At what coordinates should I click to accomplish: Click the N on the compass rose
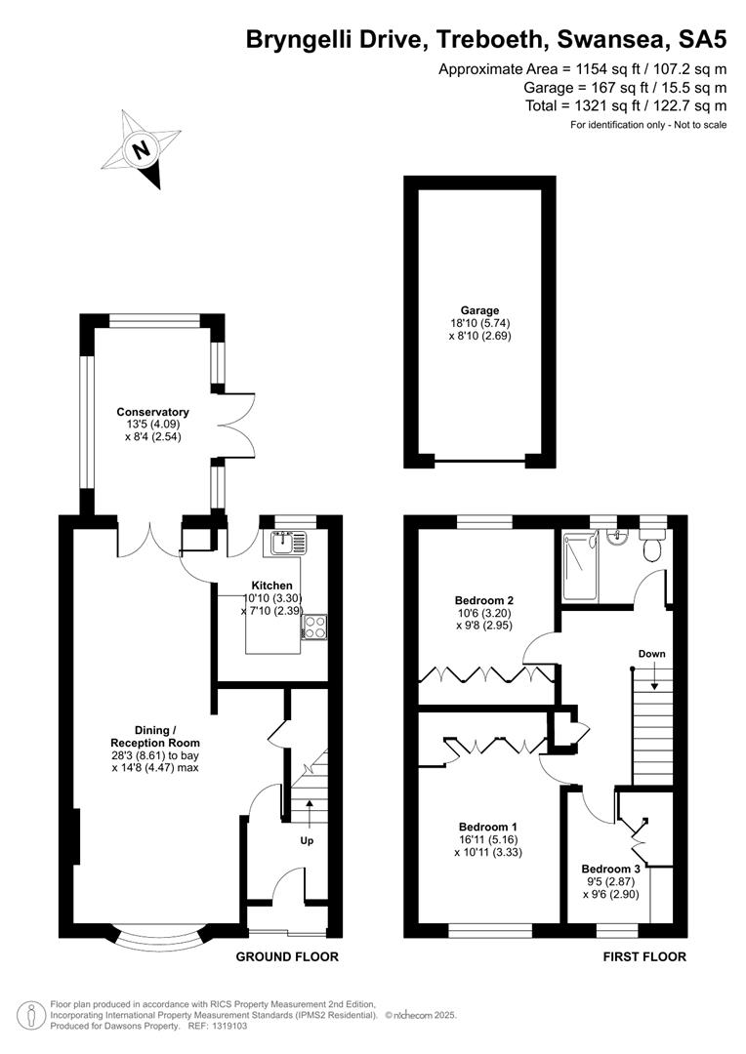pyautogui.click(x=142, y=149)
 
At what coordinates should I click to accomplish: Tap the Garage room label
pyautogui.click(x=479, y=310)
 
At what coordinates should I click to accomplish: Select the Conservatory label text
pyautogui.click(x=152, y=412)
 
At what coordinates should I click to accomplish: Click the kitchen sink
pyautogui.click(x=289, y=543)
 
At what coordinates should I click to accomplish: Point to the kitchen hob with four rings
pyautogui.click(x=314, y=628)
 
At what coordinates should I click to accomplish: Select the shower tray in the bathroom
pyautogui.click(x=580, y=566)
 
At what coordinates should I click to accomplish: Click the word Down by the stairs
pyautogui.click(x=652, y=653)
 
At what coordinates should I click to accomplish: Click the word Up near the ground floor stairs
pyautogui.click(x=307, y=841)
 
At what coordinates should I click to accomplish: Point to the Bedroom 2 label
pyautogui.click(x=484, y=600)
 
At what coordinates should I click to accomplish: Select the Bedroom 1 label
pyautogui.click(x=488, y=827)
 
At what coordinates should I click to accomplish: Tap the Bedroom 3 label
pyautogui.click(x=611, y=870)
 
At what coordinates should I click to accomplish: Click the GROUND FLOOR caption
pyautogui.click(x=287, y=956)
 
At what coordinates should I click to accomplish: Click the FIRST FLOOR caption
pyautogui.click(x=644, y=956)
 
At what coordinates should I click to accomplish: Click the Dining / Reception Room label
pyautogui.click(x=155, y=737)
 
